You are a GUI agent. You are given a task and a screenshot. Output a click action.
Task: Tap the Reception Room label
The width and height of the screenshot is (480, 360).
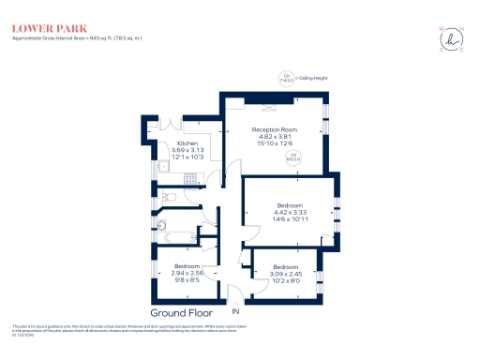point(275,129)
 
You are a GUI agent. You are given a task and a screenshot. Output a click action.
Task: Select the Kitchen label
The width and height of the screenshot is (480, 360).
point(187,143)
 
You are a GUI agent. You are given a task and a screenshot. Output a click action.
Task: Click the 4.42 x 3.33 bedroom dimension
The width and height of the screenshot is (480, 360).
point(289,212)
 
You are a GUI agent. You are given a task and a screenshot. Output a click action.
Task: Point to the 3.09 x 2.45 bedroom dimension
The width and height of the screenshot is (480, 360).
point(286,273)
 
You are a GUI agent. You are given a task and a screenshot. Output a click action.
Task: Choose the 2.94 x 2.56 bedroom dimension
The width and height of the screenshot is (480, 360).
point(188,273)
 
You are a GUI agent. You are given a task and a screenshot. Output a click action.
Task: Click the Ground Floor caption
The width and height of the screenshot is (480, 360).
point(181,312)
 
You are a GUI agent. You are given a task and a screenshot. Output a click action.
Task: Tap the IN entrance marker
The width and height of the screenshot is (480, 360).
point(237,311)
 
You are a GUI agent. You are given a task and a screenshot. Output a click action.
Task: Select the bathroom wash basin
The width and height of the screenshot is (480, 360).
point(161,225)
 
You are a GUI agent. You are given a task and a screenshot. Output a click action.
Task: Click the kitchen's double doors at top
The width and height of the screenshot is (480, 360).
point(178,126)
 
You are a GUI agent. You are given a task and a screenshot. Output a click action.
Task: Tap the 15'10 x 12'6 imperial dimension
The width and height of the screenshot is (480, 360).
point(275,143)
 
